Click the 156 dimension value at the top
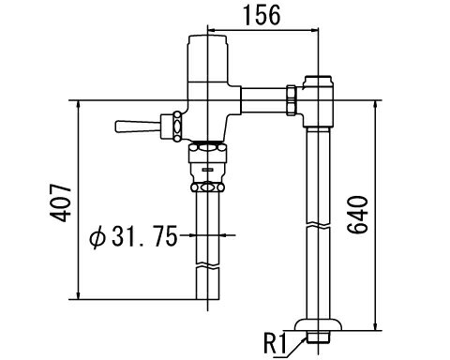tap(260, 16)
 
